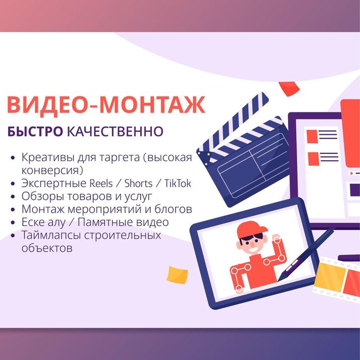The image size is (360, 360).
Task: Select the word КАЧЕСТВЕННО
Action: click(116, 132)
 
